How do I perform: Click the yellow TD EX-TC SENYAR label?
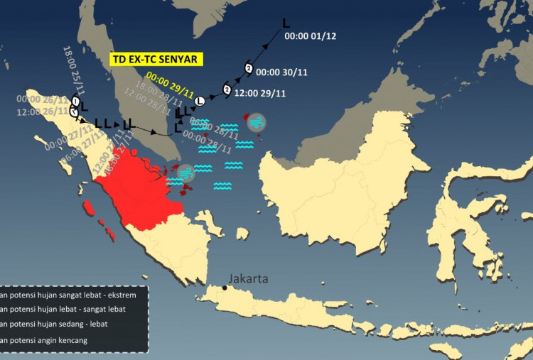click(156, 60)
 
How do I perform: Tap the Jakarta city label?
click(248, 279)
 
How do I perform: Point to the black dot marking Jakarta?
click(225, 287)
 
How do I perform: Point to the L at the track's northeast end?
click(286, 23)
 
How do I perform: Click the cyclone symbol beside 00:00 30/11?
click(248, 68)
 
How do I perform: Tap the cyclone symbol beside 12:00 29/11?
click(227, 89)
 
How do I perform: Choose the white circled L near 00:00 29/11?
click(200, 102)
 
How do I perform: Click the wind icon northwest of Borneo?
click(257, 122)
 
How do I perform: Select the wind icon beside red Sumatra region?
click(185, 173)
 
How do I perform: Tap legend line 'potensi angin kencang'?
click(53, 341)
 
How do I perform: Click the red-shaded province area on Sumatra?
click(139, 192)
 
